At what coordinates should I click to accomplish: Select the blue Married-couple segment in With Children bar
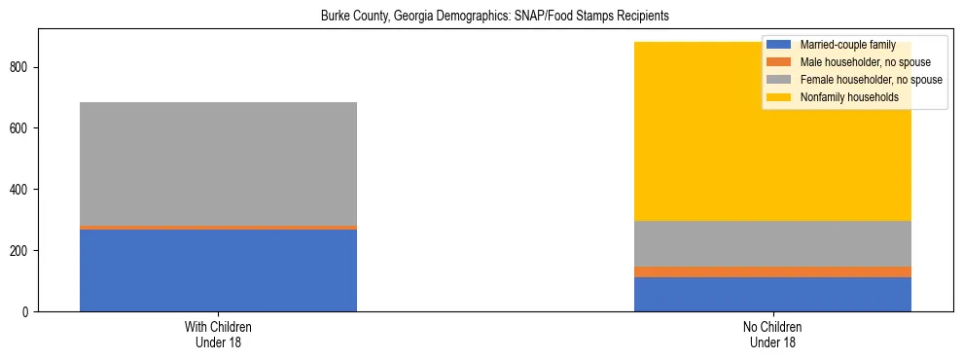pos(218,270)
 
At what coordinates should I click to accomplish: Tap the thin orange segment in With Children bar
pos(218,228)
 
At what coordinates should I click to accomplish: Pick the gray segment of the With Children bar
pos(218,163)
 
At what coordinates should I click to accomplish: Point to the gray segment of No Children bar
pos(772,243)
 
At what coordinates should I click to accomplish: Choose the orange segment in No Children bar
pos(772,271)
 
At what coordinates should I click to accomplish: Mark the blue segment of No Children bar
pos(772,294)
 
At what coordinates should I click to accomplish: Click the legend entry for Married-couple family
pos(847,45)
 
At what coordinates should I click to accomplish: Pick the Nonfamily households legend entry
pos(848,97)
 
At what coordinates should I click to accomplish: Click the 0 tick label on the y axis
pos(30,311)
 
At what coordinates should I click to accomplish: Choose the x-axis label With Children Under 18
pos(218,334)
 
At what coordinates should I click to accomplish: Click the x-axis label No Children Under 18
pos(772,334)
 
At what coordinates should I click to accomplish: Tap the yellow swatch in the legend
pos(779,97)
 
